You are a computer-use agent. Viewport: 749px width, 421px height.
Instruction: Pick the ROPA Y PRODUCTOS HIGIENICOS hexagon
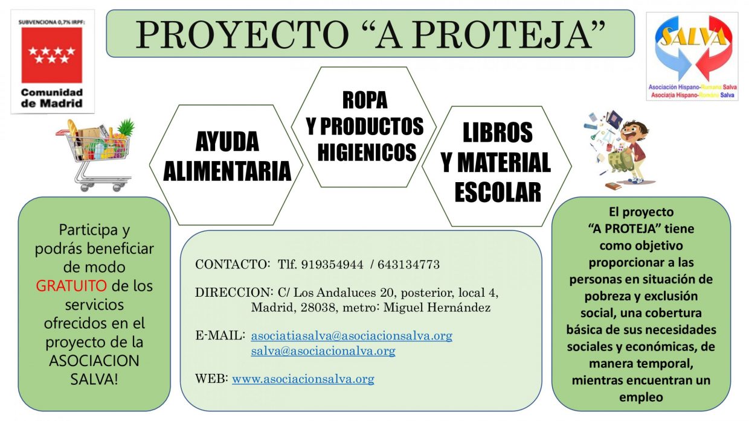(364, 126)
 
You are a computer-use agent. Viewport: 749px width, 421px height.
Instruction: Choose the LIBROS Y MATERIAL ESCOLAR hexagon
(497, 162)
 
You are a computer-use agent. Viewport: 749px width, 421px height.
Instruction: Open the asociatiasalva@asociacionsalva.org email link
(352, 335)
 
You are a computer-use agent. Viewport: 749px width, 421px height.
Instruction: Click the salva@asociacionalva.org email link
(323, 350)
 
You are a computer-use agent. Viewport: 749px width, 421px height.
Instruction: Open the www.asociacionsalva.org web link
(303, 379)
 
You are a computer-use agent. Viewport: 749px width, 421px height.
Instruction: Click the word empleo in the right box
(641, 397)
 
